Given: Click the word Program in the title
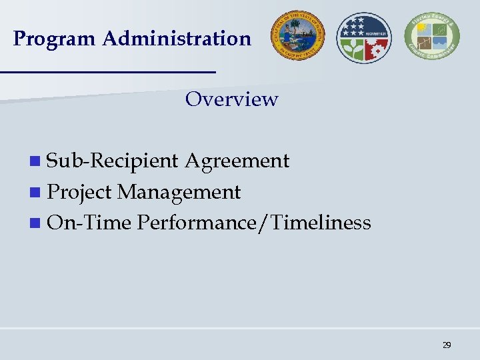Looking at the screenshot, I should pos(55,39).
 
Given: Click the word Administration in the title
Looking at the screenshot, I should pos(177,39).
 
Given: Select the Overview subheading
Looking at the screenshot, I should pos(231,99).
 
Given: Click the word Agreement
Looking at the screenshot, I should pos(237,161).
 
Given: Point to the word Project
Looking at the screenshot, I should pos(79,193).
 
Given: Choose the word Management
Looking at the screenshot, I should pos(179,193).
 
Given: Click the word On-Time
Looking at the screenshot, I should pos(89,222).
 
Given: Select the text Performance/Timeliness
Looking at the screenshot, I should pos(253,222).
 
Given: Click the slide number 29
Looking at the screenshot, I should pos(447,345).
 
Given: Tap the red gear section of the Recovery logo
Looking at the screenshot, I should pos(377,49).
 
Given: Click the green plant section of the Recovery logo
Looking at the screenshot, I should pos(352,49).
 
